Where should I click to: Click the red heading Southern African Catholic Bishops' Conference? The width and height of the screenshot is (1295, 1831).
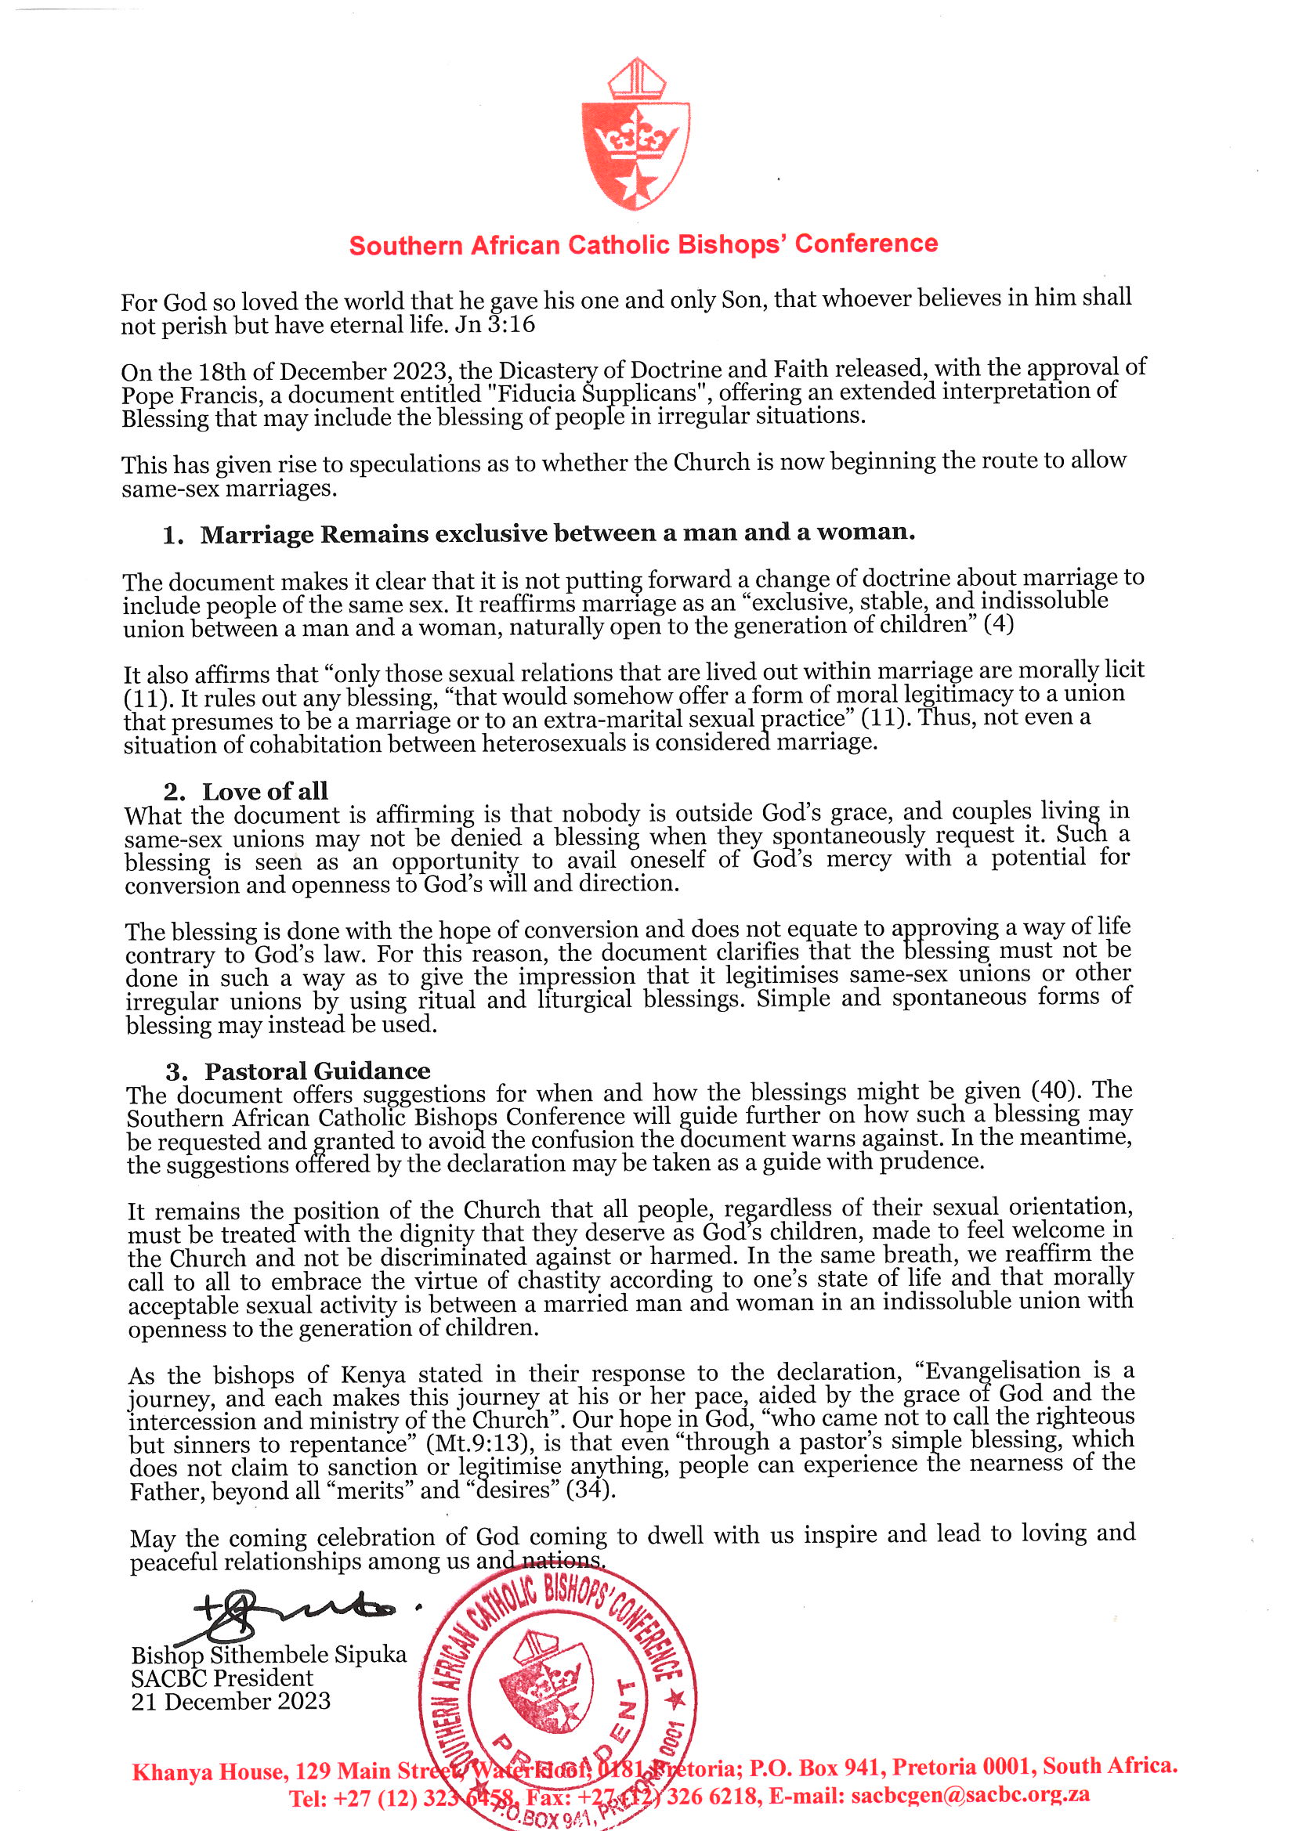pos(643,244)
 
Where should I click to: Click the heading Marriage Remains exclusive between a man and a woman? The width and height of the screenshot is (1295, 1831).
pos(557,533)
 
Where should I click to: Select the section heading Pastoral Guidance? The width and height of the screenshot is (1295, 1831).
pos(317,1071)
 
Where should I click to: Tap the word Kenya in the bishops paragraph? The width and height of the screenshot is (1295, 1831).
pos(374,1375)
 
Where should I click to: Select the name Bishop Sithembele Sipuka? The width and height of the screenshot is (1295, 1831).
pos(269,1654)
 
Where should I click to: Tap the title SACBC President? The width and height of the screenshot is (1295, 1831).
pos(222,1678)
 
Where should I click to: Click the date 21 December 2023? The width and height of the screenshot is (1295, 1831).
pos(230,1701)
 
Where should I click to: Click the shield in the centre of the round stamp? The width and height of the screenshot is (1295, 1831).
pos(545,1681)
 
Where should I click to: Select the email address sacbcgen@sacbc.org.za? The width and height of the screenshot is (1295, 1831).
pos(969,1794)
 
